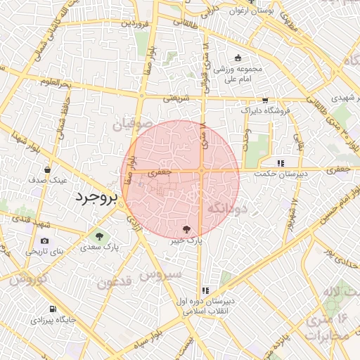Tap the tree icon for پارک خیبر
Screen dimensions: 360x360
[186, 229]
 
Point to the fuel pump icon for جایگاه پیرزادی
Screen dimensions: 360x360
[52, 309]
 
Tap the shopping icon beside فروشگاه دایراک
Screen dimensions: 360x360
[265, 101]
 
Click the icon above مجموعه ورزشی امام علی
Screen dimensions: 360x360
[238, 58]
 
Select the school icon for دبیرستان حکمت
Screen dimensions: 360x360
[280, 162]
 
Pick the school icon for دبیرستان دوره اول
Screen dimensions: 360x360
[205, 289]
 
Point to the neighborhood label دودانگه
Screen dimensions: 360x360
[226, 208]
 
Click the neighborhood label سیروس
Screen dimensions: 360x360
[162, 274]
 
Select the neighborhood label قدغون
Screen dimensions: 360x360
[115, 283]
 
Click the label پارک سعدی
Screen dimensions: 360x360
[99, 247]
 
